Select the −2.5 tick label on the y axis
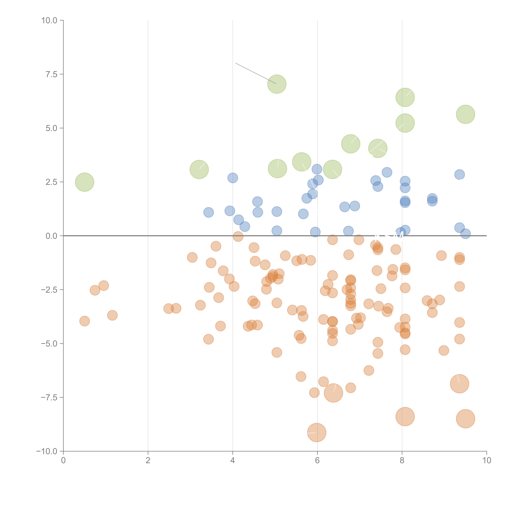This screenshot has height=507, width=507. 49,290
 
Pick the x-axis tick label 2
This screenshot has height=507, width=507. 148,461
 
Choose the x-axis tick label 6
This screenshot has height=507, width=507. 317,461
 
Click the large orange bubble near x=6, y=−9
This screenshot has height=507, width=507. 317,432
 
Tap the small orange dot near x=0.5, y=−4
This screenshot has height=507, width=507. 84,321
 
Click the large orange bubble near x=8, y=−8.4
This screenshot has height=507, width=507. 405,416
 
